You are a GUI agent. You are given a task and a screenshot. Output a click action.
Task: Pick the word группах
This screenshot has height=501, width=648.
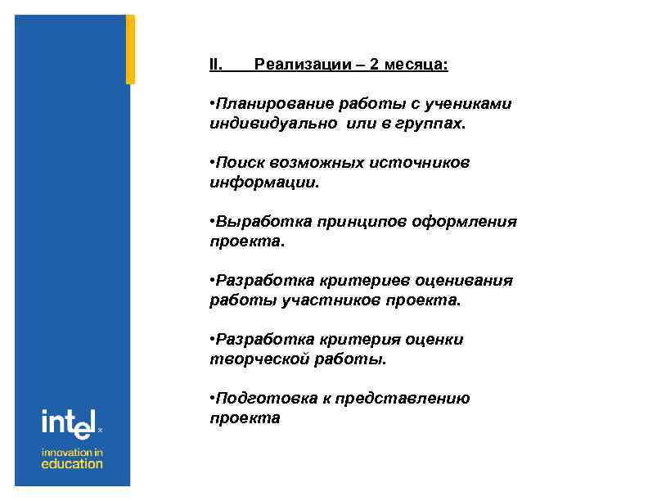tap(433, 124)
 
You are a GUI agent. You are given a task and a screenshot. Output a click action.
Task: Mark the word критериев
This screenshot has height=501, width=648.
tap(339, 282)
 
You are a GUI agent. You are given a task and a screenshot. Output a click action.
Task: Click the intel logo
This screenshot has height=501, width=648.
tap(70, 424)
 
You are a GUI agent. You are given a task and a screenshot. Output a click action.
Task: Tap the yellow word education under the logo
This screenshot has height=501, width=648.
tap(72, 464)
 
